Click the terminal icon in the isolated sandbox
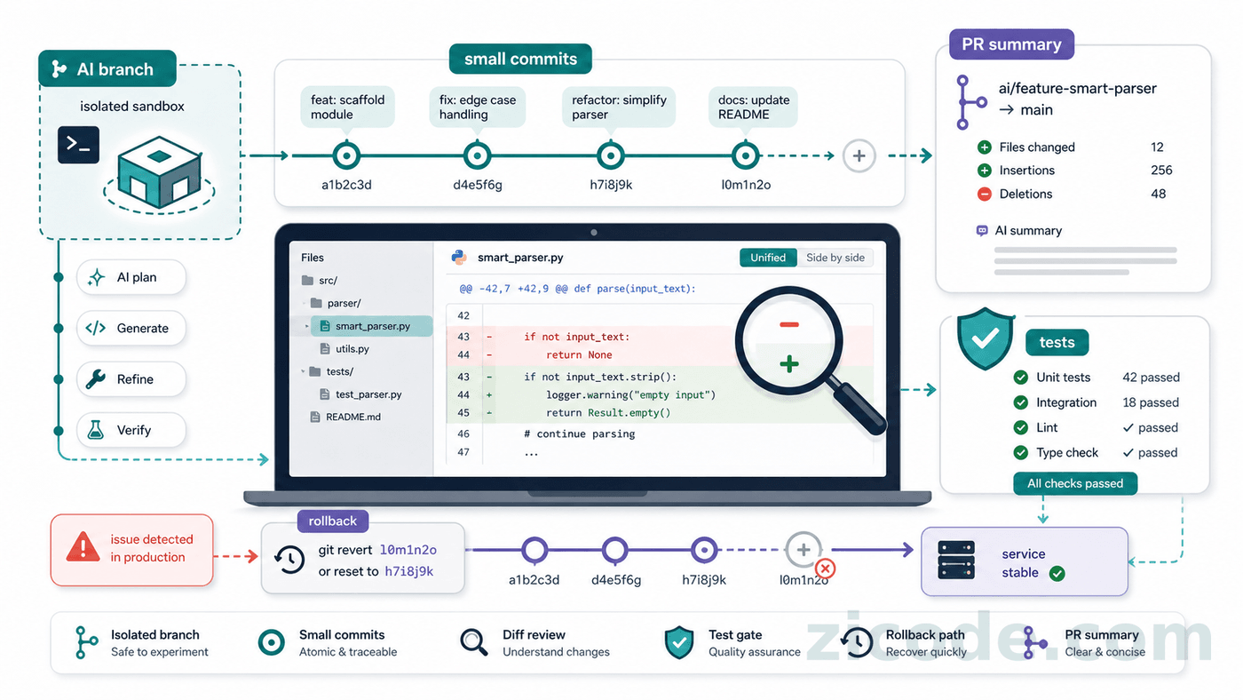[78, 145]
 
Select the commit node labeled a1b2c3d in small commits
[346, 155]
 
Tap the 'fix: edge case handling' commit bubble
[478, 107]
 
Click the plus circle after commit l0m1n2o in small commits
[859, 156]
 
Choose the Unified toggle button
[768, 258]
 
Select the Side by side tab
[835, 258]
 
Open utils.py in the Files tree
[352, 348]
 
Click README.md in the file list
[353, 417]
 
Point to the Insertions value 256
[1161, 170]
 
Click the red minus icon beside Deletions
[985, 194]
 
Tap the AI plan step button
[131, 277]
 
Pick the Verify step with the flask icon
[131, 430]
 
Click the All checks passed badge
[1075, 483]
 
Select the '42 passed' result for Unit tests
[1151, 378]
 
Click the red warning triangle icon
[83, 547]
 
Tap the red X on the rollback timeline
[825, 569]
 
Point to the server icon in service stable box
[956, 561]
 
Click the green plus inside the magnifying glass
[789, 364]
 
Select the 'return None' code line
[579, 354]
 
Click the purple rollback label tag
[333, 521]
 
